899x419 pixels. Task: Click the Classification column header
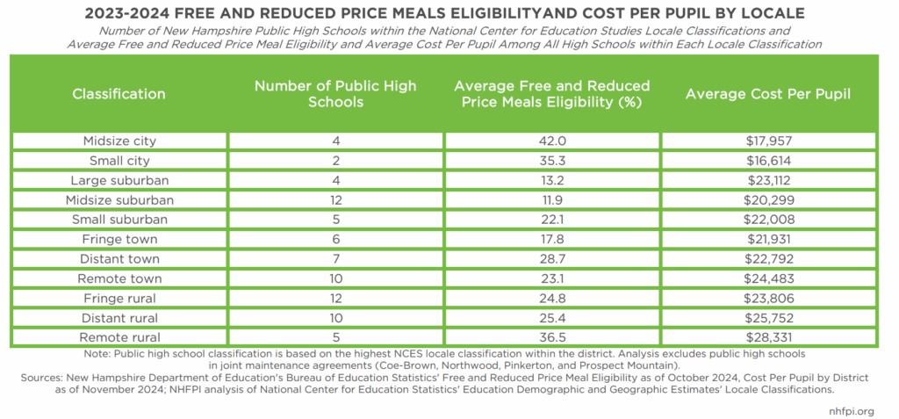(x=119, y=94)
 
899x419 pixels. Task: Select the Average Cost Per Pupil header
(x=768, y=94)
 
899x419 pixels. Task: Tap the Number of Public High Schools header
(x=335, y=94)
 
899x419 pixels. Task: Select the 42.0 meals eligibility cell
(x=552, y=141)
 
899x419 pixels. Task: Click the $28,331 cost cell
(x=768, y=336)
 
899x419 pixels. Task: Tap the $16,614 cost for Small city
(x=768, y=161)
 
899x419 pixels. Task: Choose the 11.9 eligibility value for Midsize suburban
(x=552, y=199)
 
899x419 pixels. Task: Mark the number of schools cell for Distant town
(x=335, y=258)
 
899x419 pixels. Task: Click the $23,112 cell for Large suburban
(x=768, y=180)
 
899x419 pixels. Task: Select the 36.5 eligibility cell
(x=552, y=336)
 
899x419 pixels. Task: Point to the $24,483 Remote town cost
(x=768, y=278)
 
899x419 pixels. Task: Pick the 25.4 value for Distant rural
(x=552, y=317)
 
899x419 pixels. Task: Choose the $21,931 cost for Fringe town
(x=768, y=239)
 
